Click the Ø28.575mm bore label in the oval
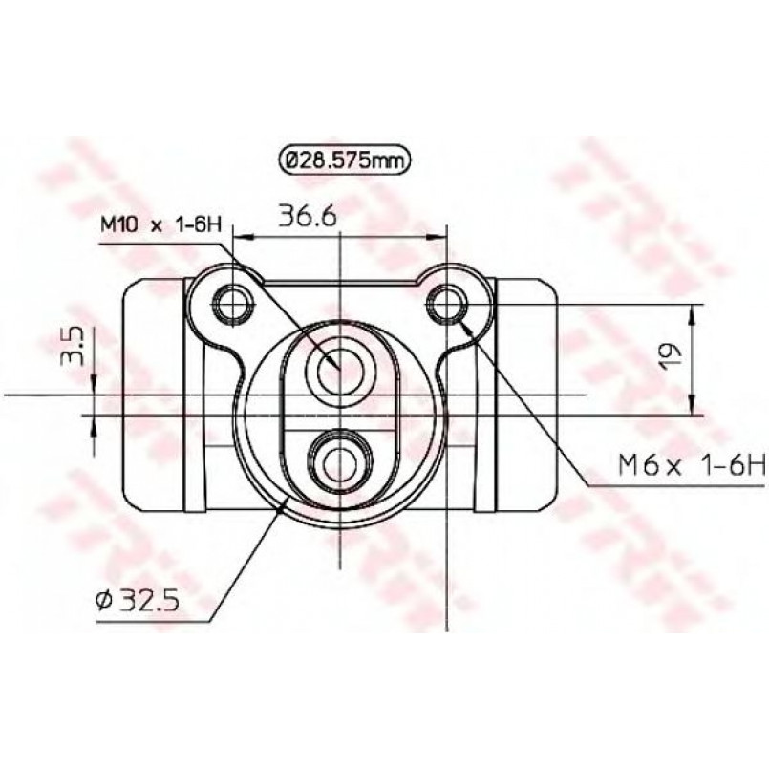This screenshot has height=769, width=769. click(x=344, y=160)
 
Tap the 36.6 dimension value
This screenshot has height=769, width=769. click(x=307, y=216)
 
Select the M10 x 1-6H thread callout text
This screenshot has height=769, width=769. click(x=160, y=225)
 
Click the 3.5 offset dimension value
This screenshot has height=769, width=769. click(x=72, y=346)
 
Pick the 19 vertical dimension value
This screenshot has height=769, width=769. click(x=672, y=356)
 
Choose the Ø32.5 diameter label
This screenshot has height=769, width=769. click(x=138, y=599)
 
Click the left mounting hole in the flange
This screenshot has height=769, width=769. click(x=233, y=305)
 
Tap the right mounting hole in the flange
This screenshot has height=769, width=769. click(x=447, y=304)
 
